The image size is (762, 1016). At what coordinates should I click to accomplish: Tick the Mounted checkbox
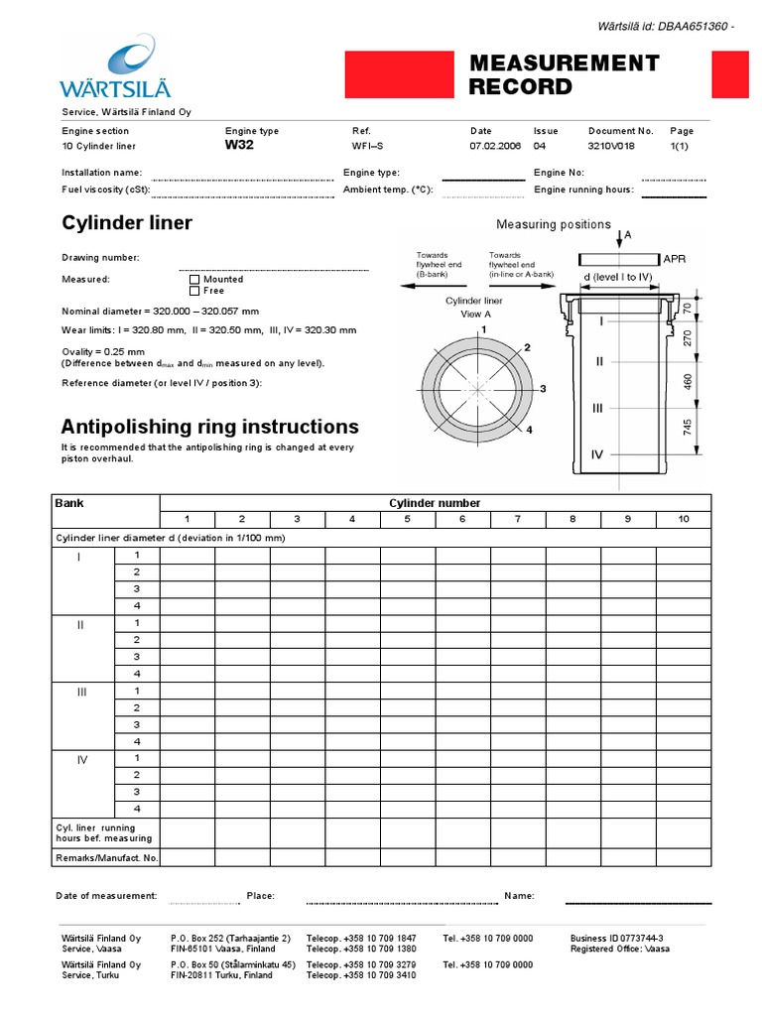click(x=194, y=280)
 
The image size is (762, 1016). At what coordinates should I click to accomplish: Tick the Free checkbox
click(x=194, y=292)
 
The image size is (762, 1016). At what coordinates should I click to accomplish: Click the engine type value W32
click(x=240, y=145)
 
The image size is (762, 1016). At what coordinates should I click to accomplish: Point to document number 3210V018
click(x=611, y=146)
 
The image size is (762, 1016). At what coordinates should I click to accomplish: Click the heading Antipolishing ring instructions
click(x=209, y=427)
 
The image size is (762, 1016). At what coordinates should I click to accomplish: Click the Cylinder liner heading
click(x=127, y=223)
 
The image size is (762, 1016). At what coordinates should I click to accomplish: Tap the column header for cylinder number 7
click(x=517, y=519)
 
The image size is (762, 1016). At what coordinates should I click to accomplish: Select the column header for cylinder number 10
click(x=683, y=519)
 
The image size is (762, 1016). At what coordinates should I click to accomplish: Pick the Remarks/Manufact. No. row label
click(x=107, y=857)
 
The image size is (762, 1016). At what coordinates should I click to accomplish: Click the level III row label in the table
click(x=82, y=692)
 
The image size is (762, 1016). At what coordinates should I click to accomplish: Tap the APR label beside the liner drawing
click(x=674, y=259)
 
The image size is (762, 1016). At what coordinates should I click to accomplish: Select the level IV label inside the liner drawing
click(x=598, y=453)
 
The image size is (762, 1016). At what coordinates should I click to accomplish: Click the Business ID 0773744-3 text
click(x=616, y=938)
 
